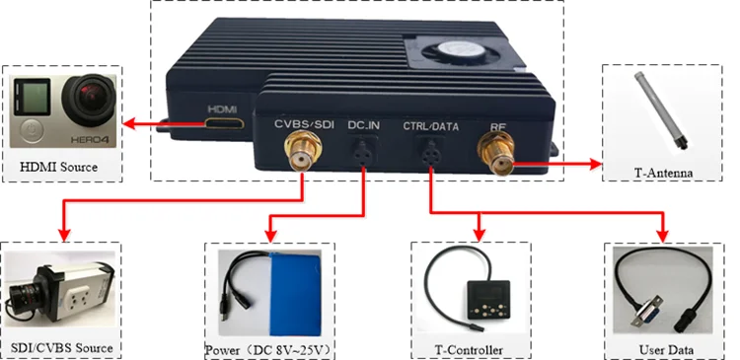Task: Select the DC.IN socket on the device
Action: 364,152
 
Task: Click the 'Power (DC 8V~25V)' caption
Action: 277,350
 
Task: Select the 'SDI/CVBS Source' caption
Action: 63,348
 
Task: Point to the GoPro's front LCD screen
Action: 36,99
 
